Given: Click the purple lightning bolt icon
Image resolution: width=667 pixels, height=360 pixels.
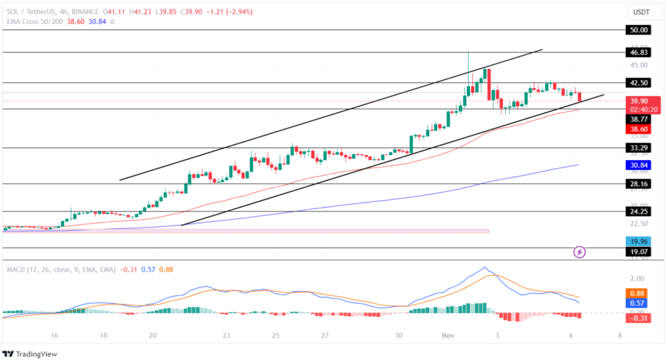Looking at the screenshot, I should click(x=579, y=251).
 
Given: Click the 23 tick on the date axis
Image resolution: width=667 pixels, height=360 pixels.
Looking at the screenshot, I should click(x=226, y=336).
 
